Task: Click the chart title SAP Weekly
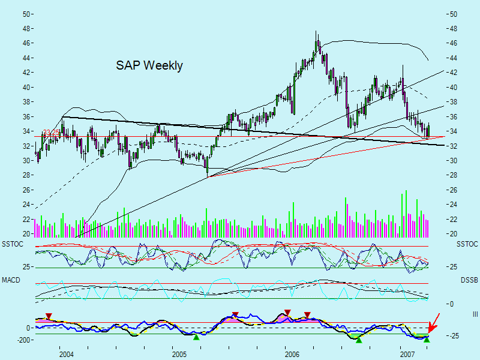click(149, 66)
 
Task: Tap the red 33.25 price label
click(52, 133)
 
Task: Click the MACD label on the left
click(11, 280)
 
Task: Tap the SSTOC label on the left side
click(13, 244)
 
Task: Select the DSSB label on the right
click(469, 280)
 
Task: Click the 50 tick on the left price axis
click(26, 14)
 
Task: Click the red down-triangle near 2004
click(49, 316)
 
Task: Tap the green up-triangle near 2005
click(196, 337)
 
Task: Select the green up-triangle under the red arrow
click(427, 340)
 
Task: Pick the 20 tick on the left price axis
click(26, 234)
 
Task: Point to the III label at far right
click(474, 314)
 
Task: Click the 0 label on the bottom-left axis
click(28, 328)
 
